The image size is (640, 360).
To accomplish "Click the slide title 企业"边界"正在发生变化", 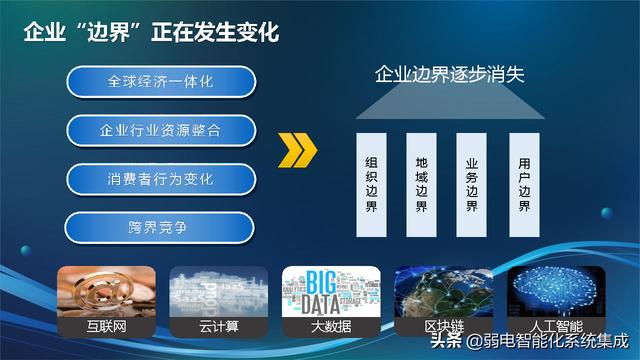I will pyautogui.click(x=151, y=32).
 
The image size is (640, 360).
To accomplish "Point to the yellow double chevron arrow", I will pyautogui.click(x=297, y=152).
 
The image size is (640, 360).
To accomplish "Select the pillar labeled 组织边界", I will pyautogui.click(x=371, y=184).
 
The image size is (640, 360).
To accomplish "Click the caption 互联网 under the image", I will pyautogui.click(x=106, y=326).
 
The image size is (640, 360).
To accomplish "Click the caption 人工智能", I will pyautogui.click(x=556, y=326).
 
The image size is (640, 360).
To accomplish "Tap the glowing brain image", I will pyautogui.click(x=556, y=291).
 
